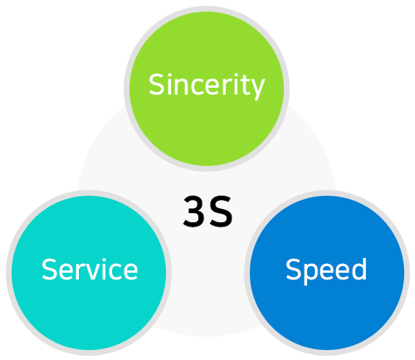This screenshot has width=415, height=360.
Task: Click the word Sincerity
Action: [x=207, y=85]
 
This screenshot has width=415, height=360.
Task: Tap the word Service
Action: [x=90, y=269]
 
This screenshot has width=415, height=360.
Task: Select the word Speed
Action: [x=326, y=270]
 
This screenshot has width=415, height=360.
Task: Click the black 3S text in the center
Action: [x=207, y=212]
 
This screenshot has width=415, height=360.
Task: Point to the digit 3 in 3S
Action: [x=194, y=212]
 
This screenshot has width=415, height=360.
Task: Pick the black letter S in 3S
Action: [x=221, y=212]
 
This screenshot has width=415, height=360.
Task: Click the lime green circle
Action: [x=207, y=89]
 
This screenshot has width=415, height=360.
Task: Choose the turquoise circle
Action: [x=89, y=273]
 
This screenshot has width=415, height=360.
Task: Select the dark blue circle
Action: [x=327, y=273]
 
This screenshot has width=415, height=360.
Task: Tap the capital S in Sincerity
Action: [x=157, y=85]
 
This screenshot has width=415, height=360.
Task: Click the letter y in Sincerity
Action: [x=256, y=89]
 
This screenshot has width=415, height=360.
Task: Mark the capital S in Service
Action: [x=50, y=269]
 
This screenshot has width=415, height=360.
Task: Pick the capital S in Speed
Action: [x=294, y=269]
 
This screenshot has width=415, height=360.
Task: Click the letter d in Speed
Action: [x=359, y=269]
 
